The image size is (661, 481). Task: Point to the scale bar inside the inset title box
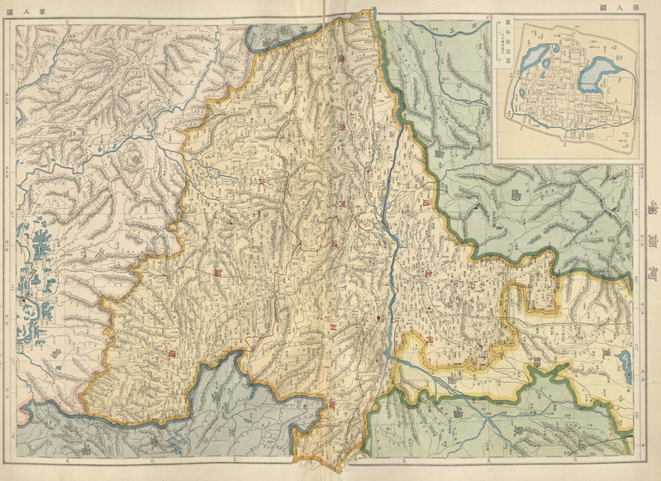coord(501,50)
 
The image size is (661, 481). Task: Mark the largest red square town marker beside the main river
coord(378,317)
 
